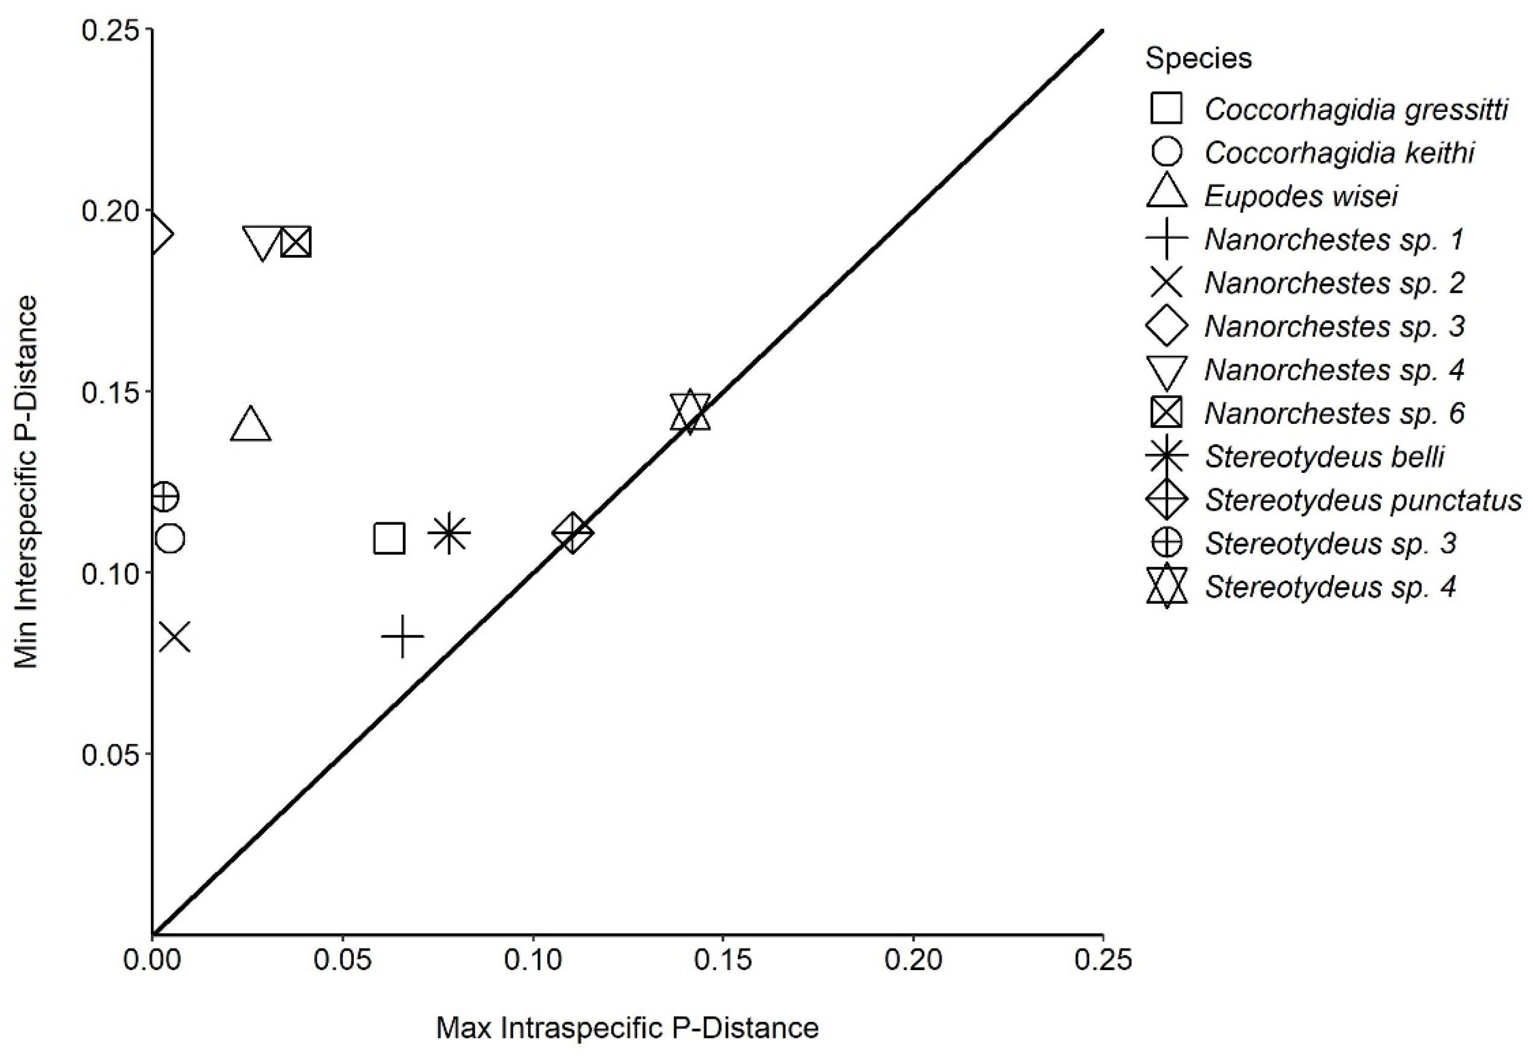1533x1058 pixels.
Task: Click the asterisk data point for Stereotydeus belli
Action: [449, 533]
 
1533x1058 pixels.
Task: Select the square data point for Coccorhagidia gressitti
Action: [389, 538]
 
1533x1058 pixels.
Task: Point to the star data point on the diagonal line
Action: [690, 412]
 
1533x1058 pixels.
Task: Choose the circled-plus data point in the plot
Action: [164, 497]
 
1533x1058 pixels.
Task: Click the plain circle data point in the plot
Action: [170, 539]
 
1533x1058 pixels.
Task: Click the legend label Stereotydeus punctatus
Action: [1363, 500]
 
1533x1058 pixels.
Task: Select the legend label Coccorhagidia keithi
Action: [1339, 153]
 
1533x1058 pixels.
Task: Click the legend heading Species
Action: [1198, 58]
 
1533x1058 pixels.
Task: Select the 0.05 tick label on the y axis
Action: [109, 754]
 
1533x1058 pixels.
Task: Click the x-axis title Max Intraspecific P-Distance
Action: [627, 1028]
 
